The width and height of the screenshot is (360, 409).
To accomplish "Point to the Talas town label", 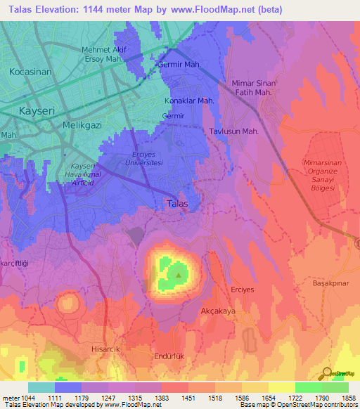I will [x=176, y=204].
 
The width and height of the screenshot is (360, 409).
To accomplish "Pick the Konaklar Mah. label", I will [x=188, y=100].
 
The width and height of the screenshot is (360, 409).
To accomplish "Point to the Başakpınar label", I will [x=331, y=283].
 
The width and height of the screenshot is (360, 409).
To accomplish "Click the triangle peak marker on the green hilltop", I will [x=179, y=275].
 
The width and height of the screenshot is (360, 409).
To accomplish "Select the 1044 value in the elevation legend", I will [x=20, y=398].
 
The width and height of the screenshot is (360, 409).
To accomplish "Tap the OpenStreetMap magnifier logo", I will [x=326, y=373].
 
